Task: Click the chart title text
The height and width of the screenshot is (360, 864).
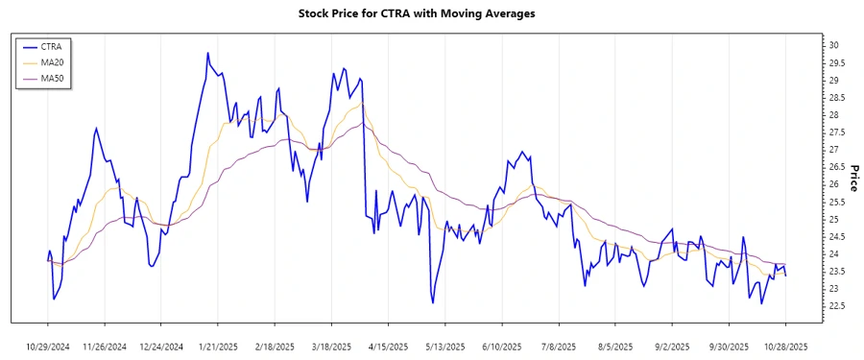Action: pyautogui.click(x=431, y=13)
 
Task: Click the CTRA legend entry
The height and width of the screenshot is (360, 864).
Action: pyautogui.click(x=52, y=46)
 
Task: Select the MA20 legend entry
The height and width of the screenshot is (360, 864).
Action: pyautogui.click(x=53, y=62)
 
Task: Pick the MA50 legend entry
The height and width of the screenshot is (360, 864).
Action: pyautogui.click(x=53, y=78)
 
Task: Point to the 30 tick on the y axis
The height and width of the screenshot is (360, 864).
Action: pyautogui.click(x=834, y=45)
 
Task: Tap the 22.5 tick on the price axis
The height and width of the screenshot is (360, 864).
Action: pyautogui.click(x=838, y=306)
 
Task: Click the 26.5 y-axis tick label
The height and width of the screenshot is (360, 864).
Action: pyautogui.click(x=838, y=167)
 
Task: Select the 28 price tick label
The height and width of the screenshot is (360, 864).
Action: pyautogui.click(x=834, y=115)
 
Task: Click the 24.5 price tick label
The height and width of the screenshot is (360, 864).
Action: pyautogui.click(x=838, y=237)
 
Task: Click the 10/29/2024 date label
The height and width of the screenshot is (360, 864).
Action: pyautogui.click(x=49, y=346)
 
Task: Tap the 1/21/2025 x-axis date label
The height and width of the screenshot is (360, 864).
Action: pyautogui.click(x=219, y=346)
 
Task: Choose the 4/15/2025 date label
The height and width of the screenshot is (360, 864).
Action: pyautogui.click(x=388, y=346)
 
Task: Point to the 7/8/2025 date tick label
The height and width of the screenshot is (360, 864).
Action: pyautogui.click(x=559, y=346)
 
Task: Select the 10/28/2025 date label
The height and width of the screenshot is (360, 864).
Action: pyautogui.click(x=785, y=346)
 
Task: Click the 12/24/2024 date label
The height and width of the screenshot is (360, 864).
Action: pyautogui.click(x=162, y=346)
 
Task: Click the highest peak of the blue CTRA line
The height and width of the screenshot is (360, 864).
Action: pyautogui.click(x=207, y=53)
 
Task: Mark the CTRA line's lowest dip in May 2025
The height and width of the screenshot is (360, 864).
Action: pyautogui.click(x=433, y=302)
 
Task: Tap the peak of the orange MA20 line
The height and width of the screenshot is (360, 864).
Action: pyautogui.click(x=360, y=105)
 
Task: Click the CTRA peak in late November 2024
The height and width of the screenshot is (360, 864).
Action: pyautogui.click(x=96, y=128)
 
